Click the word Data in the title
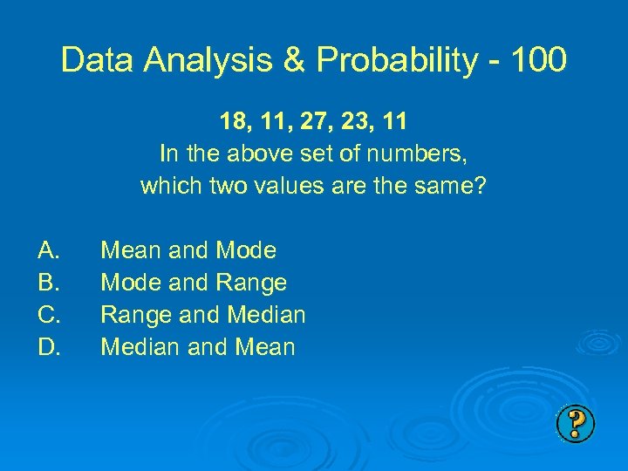(92, 60)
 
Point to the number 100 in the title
(537, 60)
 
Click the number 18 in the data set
(234, 122)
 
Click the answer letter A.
(49, 251)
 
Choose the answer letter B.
(49, 283)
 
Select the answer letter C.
(49, 315)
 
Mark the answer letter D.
(49, 347)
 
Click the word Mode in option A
(245, 251)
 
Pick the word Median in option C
(266, 315)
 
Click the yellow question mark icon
(575, 424)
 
